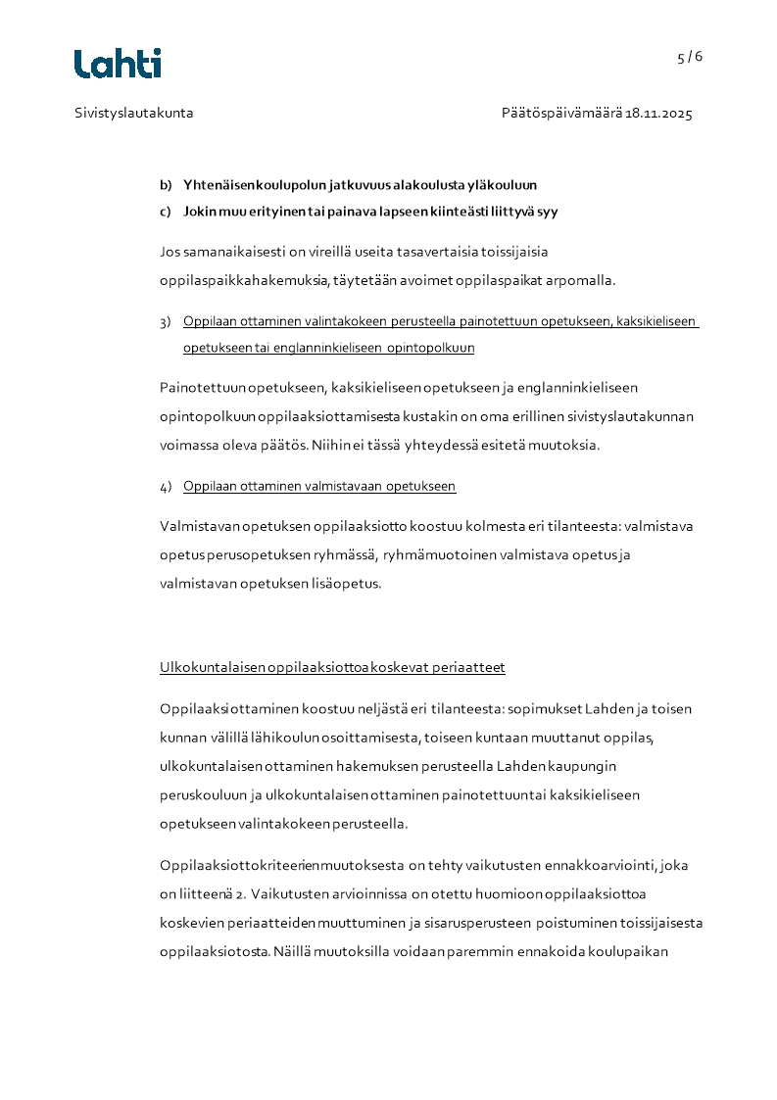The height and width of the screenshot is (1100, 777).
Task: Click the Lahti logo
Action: (118, 63)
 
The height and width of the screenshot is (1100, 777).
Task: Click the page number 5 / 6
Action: (690, 57)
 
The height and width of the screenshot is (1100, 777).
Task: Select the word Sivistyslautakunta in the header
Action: (134, 113)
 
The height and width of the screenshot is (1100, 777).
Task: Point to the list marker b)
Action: (166, 184)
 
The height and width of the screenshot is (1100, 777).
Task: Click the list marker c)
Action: (166, 211)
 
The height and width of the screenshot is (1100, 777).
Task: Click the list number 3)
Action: (166, 321)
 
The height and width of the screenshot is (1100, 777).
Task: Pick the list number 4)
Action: (166, 486)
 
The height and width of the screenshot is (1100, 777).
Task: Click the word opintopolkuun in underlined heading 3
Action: (430, 348)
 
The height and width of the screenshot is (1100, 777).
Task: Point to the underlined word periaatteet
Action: (472, 668)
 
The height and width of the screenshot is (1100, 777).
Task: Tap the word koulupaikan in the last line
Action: (633, 950)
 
